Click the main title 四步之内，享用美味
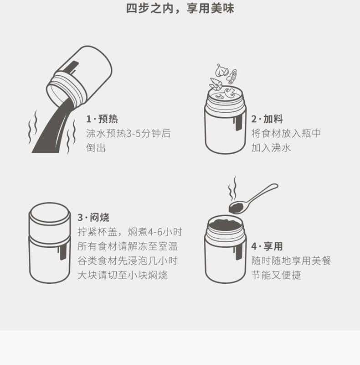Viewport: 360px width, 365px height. pyautogui.click(x=180, y=8)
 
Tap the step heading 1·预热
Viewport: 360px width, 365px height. pyautogui.click(x=102, y=119)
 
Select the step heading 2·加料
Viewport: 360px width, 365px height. pyautogui.click(x=267, y=119)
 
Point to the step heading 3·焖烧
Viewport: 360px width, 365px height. pyautogui.click(x=93, y=218)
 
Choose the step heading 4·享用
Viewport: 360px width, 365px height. pyautogui.click(x=267, y=246)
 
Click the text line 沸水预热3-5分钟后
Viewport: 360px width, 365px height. pyautogui.click(x=129, y=133)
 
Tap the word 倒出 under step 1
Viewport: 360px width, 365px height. pyautogui.click(x=96, y=148)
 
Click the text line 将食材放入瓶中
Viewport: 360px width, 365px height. pyautogui.click(x=286, y=133)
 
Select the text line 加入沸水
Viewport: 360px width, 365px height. pyautogui.click(x=271, y=148)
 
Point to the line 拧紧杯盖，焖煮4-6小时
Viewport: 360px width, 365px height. pyautogui.click(x=130, y=232)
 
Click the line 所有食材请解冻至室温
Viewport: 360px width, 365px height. pyautogui.click(x=128, y=246)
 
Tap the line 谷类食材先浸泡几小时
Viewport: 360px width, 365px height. pyautogui.click(x=128, y=261)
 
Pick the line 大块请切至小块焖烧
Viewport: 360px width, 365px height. pyautogui.click(x=123, y=275)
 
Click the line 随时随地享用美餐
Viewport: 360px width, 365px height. pyautogui.click(x=291, y=261)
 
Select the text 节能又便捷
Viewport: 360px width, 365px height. pyautogui.click(x=276, y=275)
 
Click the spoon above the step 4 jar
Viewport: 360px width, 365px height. pyautogui.click(x=253, y=199)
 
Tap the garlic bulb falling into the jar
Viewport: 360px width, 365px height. pyautogui.click(x=221, y=70)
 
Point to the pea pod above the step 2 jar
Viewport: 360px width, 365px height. pyautogui.click(x=232, y=76)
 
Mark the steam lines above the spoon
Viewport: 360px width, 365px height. pyautogui.click(x=232, y=189)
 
